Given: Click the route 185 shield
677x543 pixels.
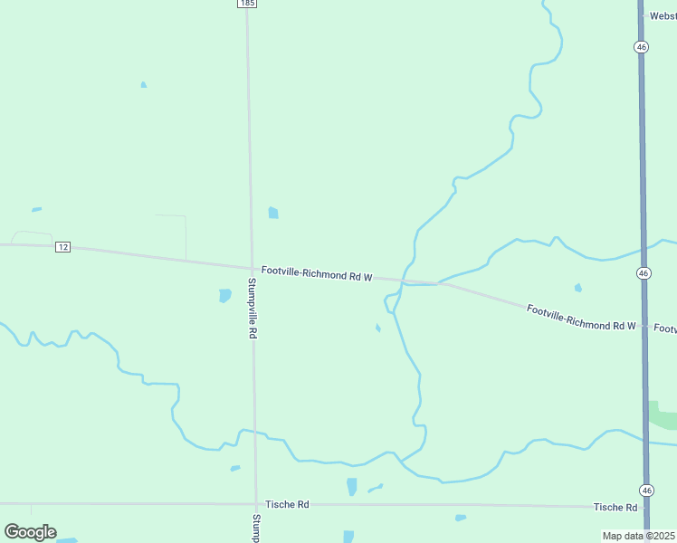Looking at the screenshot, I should tap(248, 4).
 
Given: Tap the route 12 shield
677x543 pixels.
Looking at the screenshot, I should tap(62, 247).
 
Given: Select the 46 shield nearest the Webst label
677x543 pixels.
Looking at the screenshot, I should tap(641, 46).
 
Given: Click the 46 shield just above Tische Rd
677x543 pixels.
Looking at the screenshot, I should tap(645, 490).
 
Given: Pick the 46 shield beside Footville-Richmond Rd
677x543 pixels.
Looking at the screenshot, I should tap(643, 272).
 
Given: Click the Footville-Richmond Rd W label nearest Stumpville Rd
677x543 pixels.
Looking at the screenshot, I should tap(317, 272).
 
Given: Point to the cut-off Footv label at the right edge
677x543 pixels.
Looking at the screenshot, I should tap(665, 329).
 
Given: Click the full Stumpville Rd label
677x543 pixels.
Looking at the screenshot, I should tap(253, 308).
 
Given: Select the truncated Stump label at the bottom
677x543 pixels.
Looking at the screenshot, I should tap(257, 528).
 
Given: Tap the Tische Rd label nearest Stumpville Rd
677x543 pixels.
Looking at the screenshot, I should tap(287, 504).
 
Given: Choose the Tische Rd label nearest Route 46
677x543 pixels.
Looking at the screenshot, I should tap(615, 507).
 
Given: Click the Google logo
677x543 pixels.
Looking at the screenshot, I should tap(31, 531).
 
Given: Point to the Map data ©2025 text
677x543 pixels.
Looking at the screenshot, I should tap(639, 536).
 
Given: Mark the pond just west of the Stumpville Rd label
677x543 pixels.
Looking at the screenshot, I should tap(225, 296).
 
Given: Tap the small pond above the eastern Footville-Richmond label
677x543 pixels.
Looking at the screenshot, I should tap(578, 289).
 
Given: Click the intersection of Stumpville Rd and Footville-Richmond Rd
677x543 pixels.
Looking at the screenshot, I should tap(252, 267).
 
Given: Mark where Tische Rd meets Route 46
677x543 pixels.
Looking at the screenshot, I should tap(645, 508).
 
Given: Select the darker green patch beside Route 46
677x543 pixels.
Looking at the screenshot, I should tap(663, 415).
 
